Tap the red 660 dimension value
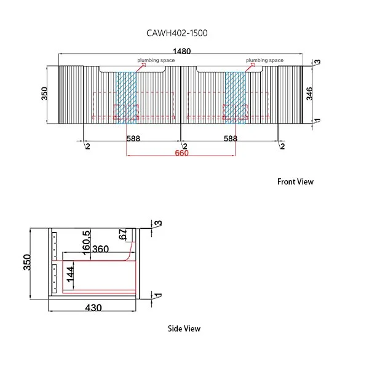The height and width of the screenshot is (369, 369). (x=181, y=153)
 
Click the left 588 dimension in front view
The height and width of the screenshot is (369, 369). (x=133, y=139)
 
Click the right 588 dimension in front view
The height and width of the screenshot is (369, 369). (x=230, y=139)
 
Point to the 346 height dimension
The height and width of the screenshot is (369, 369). (x=310, y=93)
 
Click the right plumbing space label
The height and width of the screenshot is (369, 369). (x=264, y=60)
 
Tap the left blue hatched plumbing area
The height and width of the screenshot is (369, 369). (x=126, y=95)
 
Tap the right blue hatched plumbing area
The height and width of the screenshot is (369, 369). (x=235, y=95)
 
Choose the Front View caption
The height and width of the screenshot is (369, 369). (x=295, y=181)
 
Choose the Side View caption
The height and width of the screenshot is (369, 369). (x=184, y=328)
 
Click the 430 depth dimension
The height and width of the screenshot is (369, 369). (x=93, y=307)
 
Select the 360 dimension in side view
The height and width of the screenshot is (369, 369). (x=100, y=249)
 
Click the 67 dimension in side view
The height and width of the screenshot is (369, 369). (x=123, y=234)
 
